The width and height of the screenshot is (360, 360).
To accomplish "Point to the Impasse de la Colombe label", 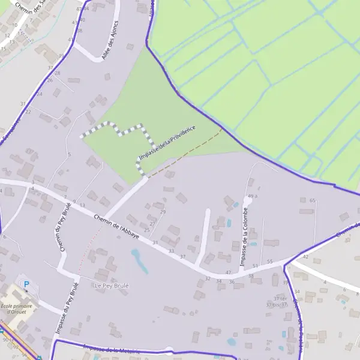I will (245, 237).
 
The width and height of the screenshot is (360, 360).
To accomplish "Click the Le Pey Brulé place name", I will (112, 286).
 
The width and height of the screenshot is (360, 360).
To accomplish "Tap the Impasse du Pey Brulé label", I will (67, 307).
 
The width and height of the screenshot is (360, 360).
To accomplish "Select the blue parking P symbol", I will (26, 284).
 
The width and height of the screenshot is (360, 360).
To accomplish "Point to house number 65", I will (312, 201).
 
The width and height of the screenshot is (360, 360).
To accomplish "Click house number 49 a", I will (252, 196).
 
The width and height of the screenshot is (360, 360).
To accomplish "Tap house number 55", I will (270, 262).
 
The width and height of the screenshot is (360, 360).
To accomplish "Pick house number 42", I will (305, 257).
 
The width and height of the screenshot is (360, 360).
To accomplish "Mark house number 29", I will (163, 212).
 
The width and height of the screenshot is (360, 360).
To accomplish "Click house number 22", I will (28, 112).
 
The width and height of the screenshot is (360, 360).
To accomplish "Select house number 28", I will (58, 73).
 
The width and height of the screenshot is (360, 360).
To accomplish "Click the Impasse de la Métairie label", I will (108, 349).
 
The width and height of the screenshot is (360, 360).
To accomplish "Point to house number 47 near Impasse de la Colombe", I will (228, 272).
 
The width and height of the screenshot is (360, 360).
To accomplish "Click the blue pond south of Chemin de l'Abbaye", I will (139, 261).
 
